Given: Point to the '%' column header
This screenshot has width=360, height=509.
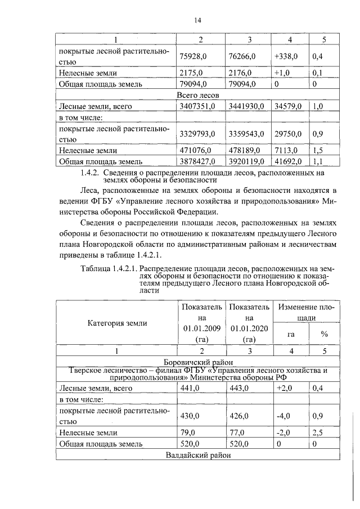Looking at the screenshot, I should [x=324, y=334].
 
